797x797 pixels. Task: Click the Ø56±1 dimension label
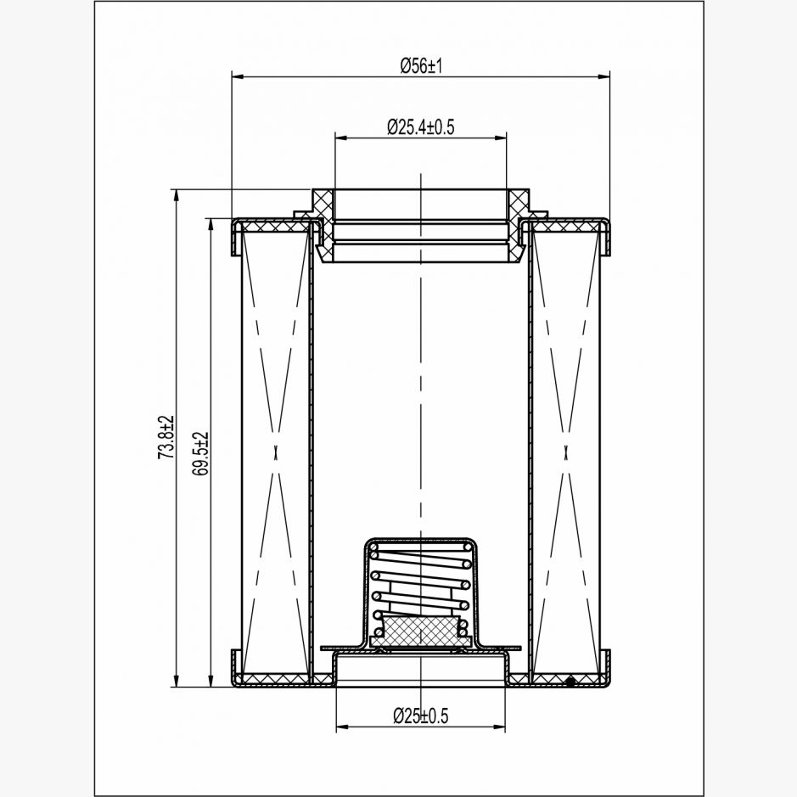421,65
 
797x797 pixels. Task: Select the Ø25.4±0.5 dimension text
420,126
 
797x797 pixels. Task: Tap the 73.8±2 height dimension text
166,438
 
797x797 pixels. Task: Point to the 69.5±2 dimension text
200,454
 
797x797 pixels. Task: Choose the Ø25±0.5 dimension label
421,716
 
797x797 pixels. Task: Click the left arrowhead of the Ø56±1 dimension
239,76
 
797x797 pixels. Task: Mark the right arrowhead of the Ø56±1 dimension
603,76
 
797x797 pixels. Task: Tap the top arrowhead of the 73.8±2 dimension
177,197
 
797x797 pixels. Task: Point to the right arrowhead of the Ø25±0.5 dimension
498,727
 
